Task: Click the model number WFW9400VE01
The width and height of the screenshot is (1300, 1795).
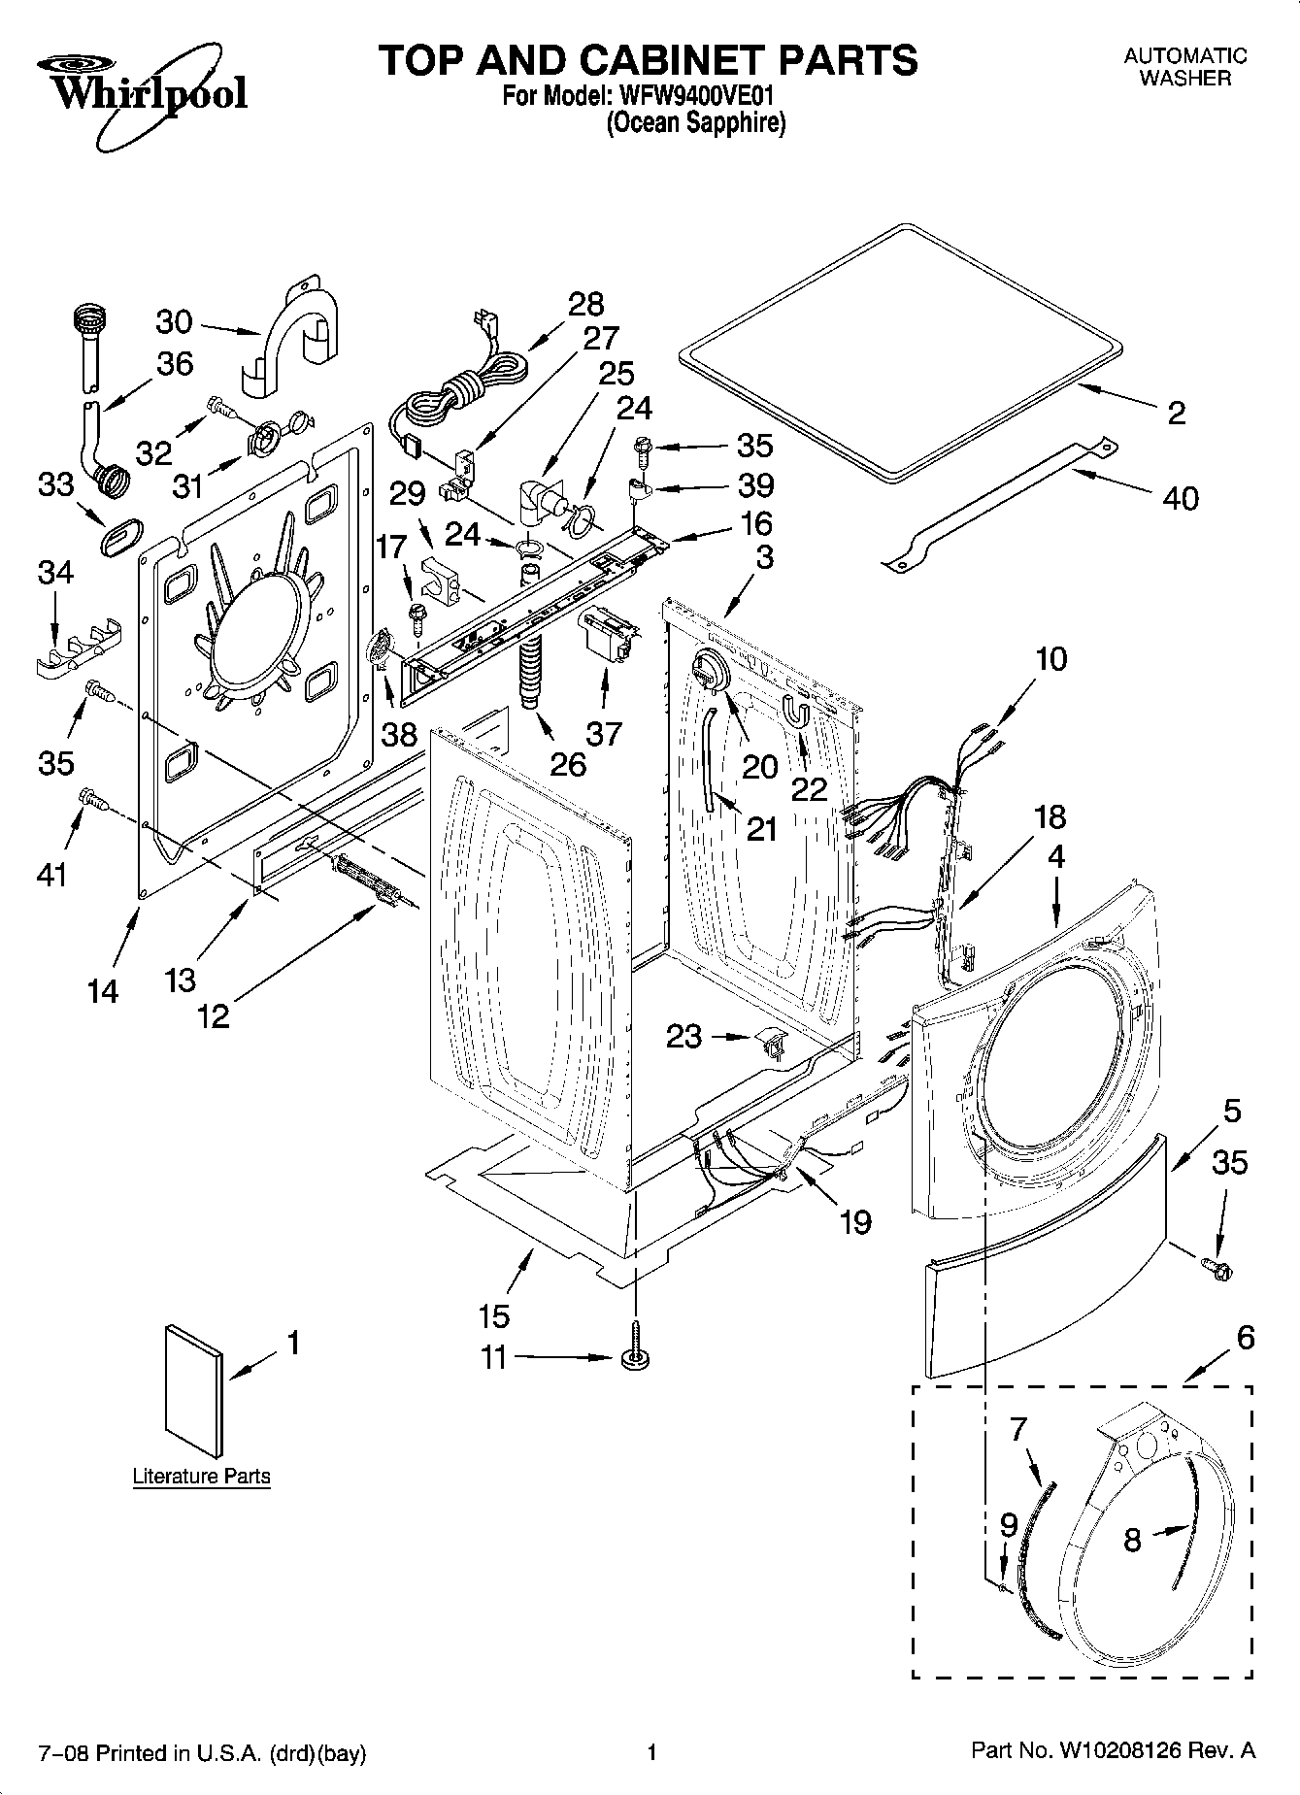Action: [694, 98]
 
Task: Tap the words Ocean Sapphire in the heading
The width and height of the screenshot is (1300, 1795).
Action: [695, 123]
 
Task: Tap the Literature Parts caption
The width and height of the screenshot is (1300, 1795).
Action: [201, 1477]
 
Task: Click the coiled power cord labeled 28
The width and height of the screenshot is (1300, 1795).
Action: [456, 391]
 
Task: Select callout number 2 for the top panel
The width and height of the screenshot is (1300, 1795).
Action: [1176, 414]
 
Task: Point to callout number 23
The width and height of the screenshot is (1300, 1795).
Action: [683, 1037]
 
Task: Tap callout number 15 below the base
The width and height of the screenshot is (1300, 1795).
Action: [494, 1315]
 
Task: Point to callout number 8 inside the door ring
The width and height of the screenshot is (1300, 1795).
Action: [1132, 1541]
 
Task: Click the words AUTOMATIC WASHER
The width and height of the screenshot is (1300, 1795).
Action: [1184, 67]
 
